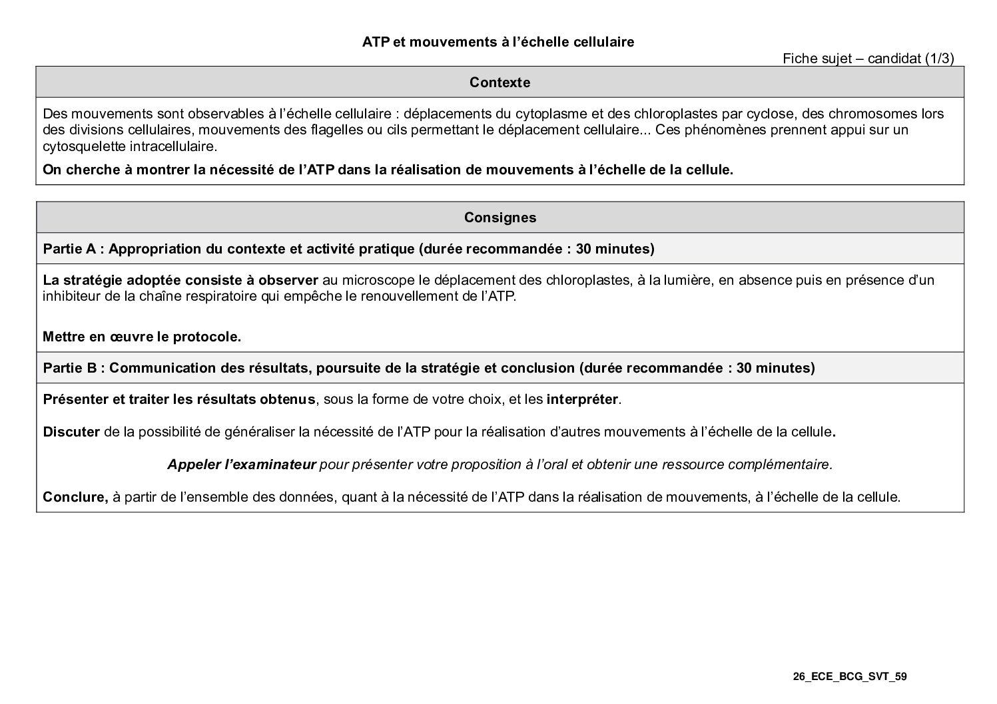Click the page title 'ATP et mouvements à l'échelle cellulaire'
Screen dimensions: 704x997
tap(498, 42)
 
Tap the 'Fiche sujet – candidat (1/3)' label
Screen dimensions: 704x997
tap(868, 59)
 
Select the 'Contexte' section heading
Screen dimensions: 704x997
tap(499, 83)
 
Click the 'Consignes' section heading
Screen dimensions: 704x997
tap(499, 218)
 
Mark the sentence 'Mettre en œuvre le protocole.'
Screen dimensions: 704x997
tap(142, 337)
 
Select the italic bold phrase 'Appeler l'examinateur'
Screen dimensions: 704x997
tap(241, 464)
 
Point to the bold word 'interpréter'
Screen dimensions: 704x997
tap(583, 400)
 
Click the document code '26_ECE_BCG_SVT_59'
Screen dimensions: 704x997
tap(850, 677)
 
